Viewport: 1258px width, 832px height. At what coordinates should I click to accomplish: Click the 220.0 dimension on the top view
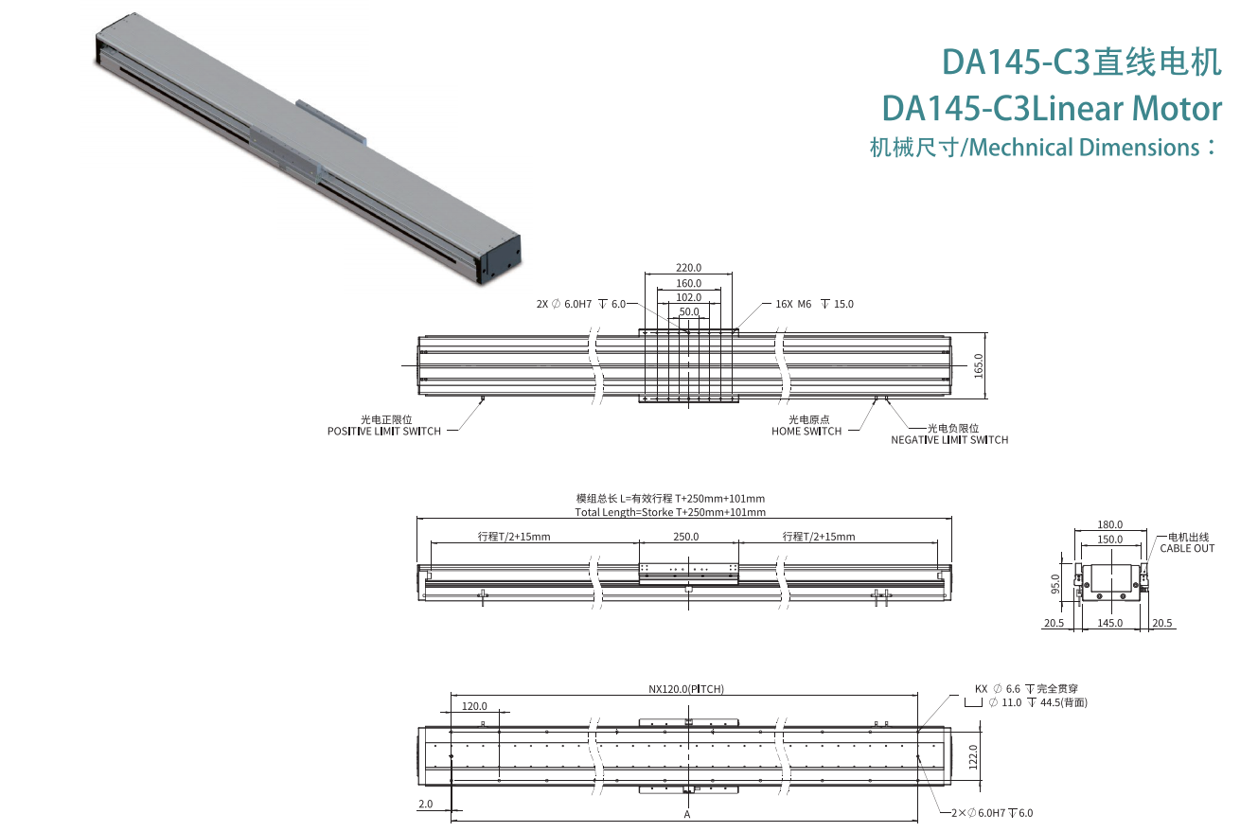coord(688,268)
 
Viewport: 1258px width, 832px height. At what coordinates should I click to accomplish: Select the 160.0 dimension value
coord(688,283)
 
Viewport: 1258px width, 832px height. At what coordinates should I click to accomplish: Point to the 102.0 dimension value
coord(688,297)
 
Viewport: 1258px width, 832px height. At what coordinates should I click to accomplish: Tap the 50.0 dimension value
coord(688,311)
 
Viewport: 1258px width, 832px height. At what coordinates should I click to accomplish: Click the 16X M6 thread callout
coord(814,304)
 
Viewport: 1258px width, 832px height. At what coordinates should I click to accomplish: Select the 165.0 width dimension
coord(979,365)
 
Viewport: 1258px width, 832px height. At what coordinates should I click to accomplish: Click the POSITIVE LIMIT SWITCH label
coord(384,431)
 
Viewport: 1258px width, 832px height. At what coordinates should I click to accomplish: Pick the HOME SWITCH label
coord(806,431)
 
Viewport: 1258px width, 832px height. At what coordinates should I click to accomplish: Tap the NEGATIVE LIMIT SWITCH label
coord(949,439)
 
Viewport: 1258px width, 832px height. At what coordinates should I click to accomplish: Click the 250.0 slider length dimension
coord(685,537)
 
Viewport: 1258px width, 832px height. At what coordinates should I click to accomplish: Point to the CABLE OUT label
coord(1187,548)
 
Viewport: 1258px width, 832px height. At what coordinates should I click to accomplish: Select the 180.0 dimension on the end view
coord(1109,524)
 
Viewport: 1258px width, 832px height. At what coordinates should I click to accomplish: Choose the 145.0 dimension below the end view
coord(1109,623)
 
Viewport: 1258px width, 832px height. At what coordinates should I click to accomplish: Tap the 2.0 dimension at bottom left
coord(425,804)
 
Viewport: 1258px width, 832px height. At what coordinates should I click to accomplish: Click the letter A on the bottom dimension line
coord(686,813)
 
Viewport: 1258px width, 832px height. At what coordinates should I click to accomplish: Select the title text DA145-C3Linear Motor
coord(1051,109)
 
